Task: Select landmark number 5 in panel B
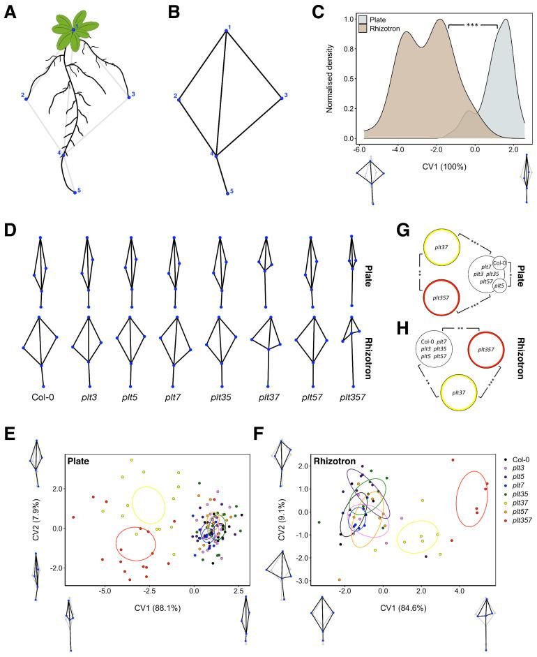coord(232,191)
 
